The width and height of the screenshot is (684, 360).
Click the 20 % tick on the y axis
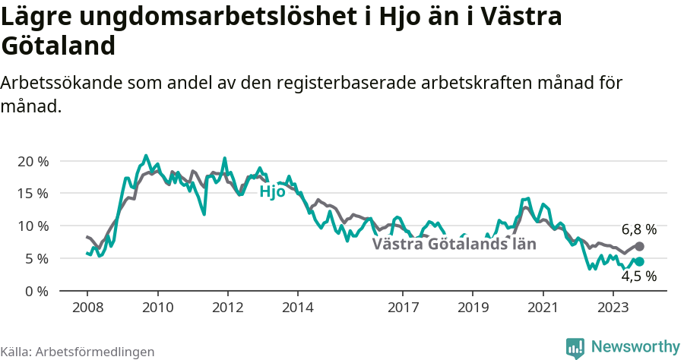point(32,161)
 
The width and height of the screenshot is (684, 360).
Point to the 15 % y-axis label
point(32,193)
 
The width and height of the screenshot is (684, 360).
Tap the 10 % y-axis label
point(32,226)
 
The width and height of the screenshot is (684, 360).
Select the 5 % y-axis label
point(36,258)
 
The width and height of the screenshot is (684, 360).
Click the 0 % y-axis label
point(36,291)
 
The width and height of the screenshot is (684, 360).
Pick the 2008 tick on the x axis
point(87,307)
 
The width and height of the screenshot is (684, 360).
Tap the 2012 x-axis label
point(227,307)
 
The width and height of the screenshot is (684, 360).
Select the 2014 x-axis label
point(298,307)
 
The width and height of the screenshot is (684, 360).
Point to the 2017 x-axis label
point(403,307)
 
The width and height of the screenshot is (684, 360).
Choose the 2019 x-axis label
point(473,307)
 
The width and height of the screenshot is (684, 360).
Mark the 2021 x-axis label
point(543,307)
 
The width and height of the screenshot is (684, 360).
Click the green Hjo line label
point(272,192)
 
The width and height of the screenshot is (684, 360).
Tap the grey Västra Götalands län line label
point(454,245)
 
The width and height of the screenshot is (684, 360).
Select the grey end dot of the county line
point(639,247)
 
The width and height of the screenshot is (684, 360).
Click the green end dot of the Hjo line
point(639,262)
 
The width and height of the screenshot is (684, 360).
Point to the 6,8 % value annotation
point(638,229)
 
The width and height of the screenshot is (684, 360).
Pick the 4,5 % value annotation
point(638,277)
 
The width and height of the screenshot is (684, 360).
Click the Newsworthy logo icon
point(575,347)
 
